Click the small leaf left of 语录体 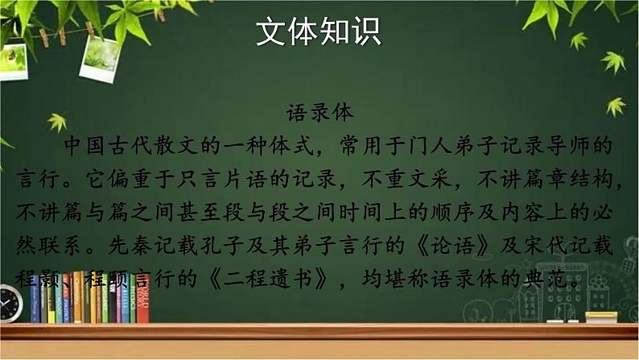click(x=56, y=121)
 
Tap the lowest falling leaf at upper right click(x=616, y=106)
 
